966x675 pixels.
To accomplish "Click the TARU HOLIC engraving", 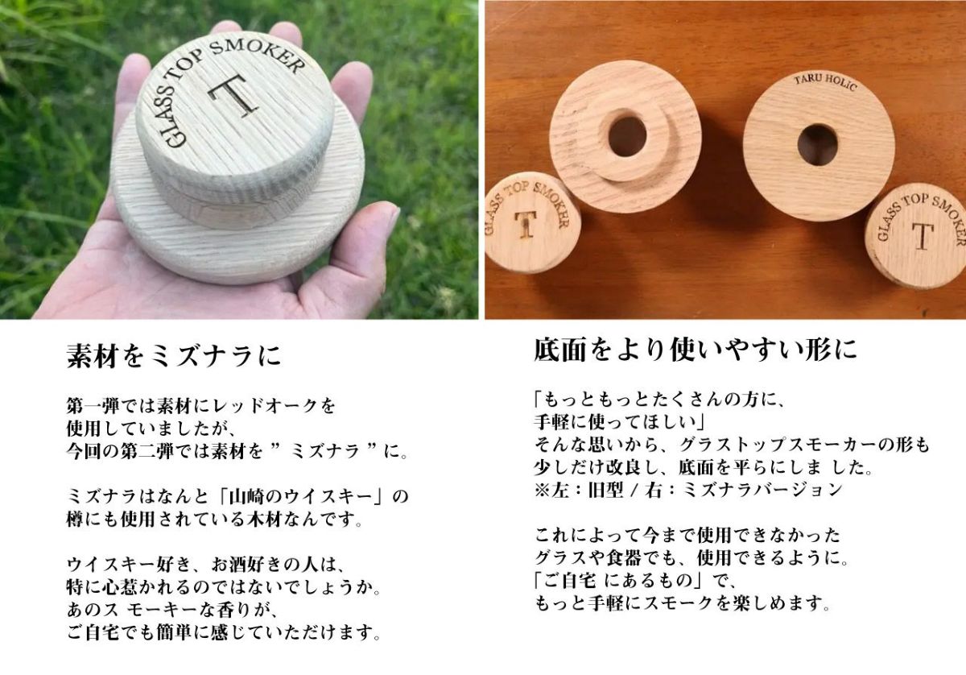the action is tap(825, 82).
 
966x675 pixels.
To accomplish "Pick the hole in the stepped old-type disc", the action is tap(627, 136).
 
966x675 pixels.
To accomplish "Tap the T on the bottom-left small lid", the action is tap(526, 224).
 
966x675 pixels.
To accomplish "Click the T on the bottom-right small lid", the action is tap(922, 236).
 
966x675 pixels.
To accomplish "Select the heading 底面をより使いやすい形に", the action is tap(696, 350).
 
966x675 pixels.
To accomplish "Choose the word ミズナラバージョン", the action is tap(763, 491).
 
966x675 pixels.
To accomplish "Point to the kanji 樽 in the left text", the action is tap(76, 520).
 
